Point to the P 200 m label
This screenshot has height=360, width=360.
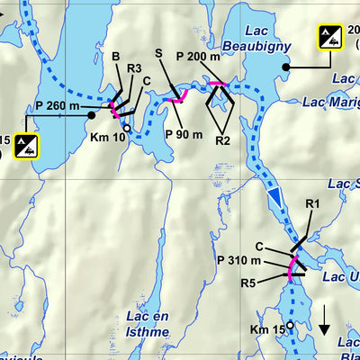pos(198,57)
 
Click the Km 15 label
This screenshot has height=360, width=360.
pos(268,330)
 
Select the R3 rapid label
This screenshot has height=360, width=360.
pos(134,67)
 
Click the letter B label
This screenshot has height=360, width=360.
pos(115,57)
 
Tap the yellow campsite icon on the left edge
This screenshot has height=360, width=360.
pos(26,146)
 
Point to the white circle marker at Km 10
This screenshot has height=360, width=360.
pos(127,129)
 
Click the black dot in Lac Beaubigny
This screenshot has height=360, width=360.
pos(286,67)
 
